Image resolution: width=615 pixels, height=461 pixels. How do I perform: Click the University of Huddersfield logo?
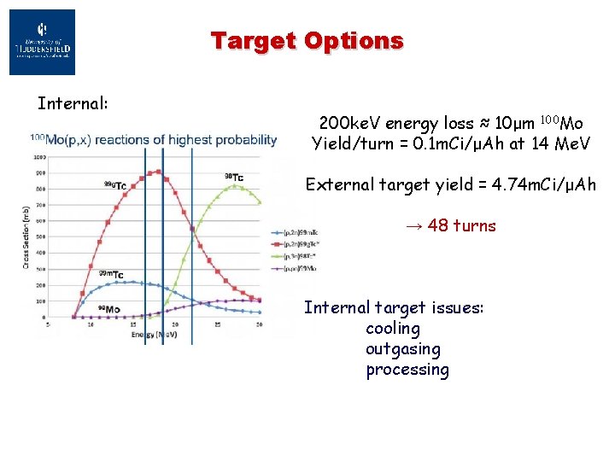point(42,42)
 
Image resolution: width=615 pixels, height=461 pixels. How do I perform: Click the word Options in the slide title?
point(358,40)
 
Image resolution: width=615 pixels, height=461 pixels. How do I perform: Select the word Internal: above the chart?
point(73,104)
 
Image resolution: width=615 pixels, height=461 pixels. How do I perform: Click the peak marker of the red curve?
point(157,172)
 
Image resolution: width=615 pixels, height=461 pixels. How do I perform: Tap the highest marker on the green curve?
point(236,185)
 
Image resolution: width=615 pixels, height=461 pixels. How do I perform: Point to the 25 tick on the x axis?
point(218,326)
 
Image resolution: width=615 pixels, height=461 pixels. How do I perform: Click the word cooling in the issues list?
point(393,329)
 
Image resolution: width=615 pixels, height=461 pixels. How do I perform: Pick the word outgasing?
point(403,349)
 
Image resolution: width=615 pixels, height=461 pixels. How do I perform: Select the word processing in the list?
point(407,370)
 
